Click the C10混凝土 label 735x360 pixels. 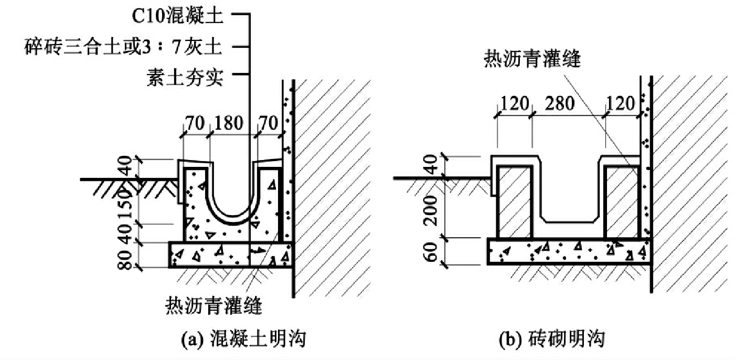click(x=178, y=16)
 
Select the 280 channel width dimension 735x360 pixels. click(x=569, y=103)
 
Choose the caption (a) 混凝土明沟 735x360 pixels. click(x=243, y=340)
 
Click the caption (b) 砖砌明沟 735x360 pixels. click(x=551, y=340)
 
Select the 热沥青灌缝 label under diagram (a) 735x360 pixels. click(x=214, y=304)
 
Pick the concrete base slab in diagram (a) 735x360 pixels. click(x=230, y=255)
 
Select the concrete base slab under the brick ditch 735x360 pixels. click(x=569, y=250)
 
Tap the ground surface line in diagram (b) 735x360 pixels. click(x=441, y=178)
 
